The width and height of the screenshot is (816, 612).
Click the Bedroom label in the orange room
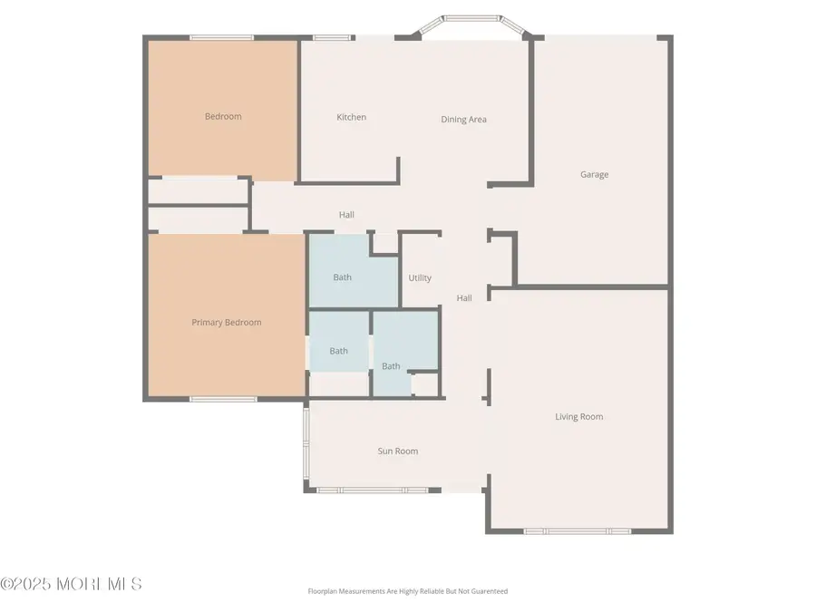(223, 116)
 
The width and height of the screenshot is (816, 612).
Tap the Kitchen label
(352, 117)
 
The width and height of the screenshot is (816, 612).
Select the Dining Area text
(464, 120)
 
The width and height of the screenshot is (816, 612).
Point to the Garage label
(595, 174)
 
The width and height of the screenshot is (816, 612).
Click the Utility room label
(420, 278)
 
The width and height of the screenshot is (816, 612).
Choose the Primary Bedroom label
(227, 323)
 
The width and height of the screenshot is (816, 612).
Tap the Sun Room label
(398, 451)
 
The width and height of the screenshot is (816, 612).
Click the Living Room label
(579, 417)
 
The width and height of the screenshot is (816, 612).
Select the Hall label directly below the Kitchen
(346, 215)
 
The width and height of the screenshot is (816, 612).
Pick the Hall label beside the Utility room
(464, 298)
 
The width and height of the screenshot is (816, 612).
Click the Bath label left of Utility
(342, 277)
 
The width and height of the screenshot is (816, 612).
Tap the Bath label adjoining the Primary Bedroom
(338, 351)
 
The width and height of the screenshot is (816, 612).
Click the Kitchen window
(333, 37)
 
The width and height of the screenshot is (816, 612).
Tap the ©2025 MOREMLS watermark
(71, 584)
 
